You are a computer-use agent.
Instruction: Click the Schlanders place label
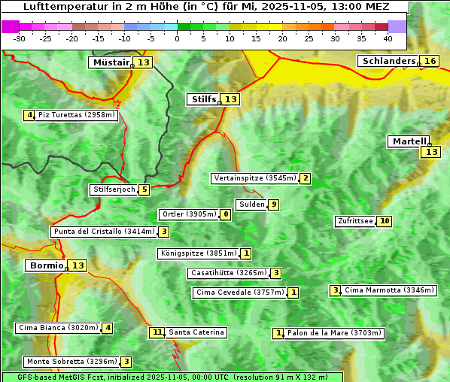(x=388, y=61)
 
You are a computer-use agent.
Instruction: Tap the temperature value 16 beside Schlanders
(x=430, y=61)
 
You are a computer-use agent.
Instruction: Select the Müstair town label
(x=111, y=62)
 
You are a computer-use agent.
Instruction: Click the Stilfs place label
(x=203, y=99)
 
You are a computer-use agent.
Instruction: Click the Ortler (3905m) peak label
(x=189, y=214)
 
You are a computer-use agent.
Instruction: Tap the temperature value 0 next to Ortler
(x=226, y=214)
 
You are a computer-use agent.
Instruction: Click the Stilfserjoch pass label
(x=114, y=189)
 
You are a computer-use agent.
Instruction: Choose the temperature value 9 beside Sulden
(x=274, y=205)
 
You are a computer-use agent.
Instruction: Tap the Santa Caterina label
(x=196, y=332)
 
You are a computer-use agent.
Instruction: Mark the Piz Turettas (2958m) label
(x=77, y=115)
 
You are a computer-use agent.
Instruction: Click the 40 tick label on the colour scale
(x=388, y=38)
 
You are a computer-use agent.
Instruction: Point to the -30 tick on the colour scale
(x=20, y=38)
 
